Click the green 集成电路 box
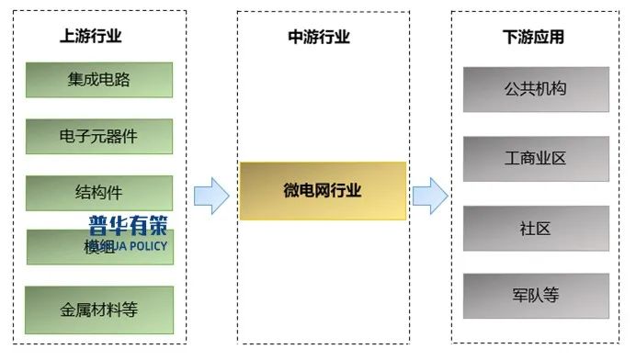99,80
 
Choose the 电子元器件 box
99,137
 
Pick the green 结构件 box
99,193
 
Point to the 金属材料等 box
99,309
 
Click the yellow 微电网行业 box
323,191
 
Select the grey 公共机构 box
536,90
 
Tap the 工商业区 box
536,159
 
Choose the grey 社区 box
536,229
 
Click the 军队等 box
536,297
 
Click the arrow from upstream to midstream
211,196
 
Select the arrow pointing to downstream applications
429,196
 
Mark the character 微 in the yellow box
290,191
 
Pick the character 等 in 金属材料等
130,309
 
